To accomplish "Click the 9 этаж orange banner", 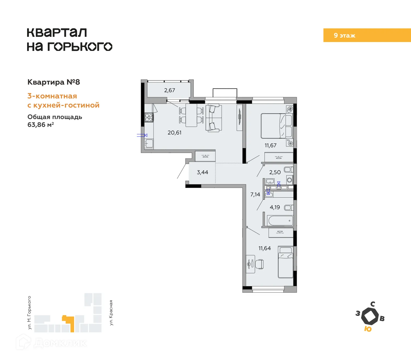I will [x=367, y=35].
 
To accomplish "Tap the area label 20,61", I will [x=174, y=133].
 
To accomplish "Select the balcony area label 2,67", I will [x=170, y=90].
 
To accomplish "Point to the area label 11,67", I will [x=270, y=145].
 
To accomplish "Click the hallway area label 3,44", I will [x=202, y=172].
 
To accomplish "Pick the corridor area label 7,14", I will [x=255, y=194].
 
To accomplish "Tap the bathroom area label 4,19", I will [x=275, y=207].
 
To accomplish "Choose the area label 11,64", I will [x=264, y=248].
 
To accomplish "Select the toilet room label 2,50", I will [x=275, y=172].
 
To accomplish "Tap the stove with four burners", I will [x=149, y=117].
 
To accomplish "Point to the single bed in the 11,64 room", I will [x=286, y=262].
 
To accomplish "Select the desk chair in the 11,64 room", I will [x=259, y=264].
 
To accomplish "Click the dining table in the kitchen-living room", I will [x=191, y=115].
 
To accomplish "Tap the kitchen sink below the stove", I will [x=149, y=143].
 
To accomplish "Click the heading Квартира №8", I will [x=54, y=82].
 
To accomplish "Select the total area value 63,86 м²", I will [x=41, y=125].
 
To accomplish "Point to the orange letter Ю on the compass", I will [x=368, y=329].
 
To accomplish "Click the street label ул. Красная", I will [x=111, y=312].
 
